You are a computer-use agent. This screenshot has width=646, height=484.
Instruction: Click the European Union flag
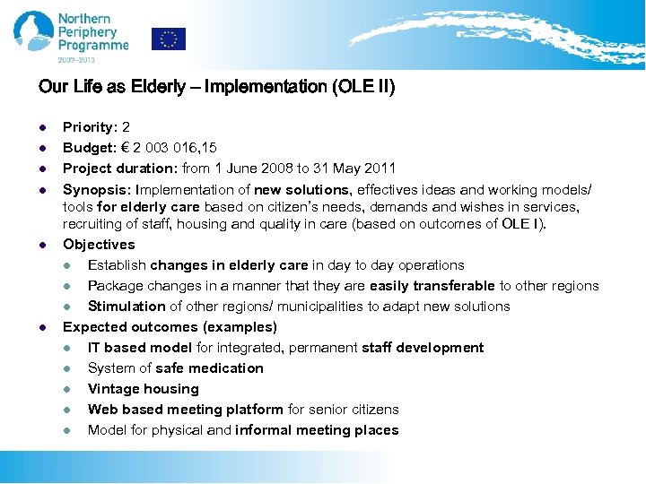pyautogui.click(x=169, y=39)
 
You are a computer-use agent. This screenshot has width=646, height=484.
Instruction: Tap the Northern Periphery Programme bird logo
pyautogui.click(x=33, y=31)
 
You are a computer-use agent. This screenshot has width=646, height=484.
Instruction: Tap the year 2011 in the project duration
pyautogui.click(x=380, y=169)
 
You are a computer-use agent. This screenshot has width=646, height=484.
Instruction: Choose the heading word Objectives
pyautogui.click(x=99, y=245)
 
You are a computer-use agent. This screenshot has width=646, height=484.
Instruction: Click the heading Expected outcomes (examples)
pyautogui.click(x=170, y=327)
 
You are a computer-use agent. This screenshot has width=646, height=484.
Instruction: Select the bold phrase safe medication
pyautogui.click(x=209, y=368)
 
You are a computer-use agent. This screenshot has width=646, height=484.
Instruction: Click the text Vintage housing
pyautogui.click(x=144, y=389)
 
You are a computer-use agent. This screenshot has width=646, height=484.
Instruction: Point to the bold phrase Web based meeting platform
pyautogui.click(x=186, y=410)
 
